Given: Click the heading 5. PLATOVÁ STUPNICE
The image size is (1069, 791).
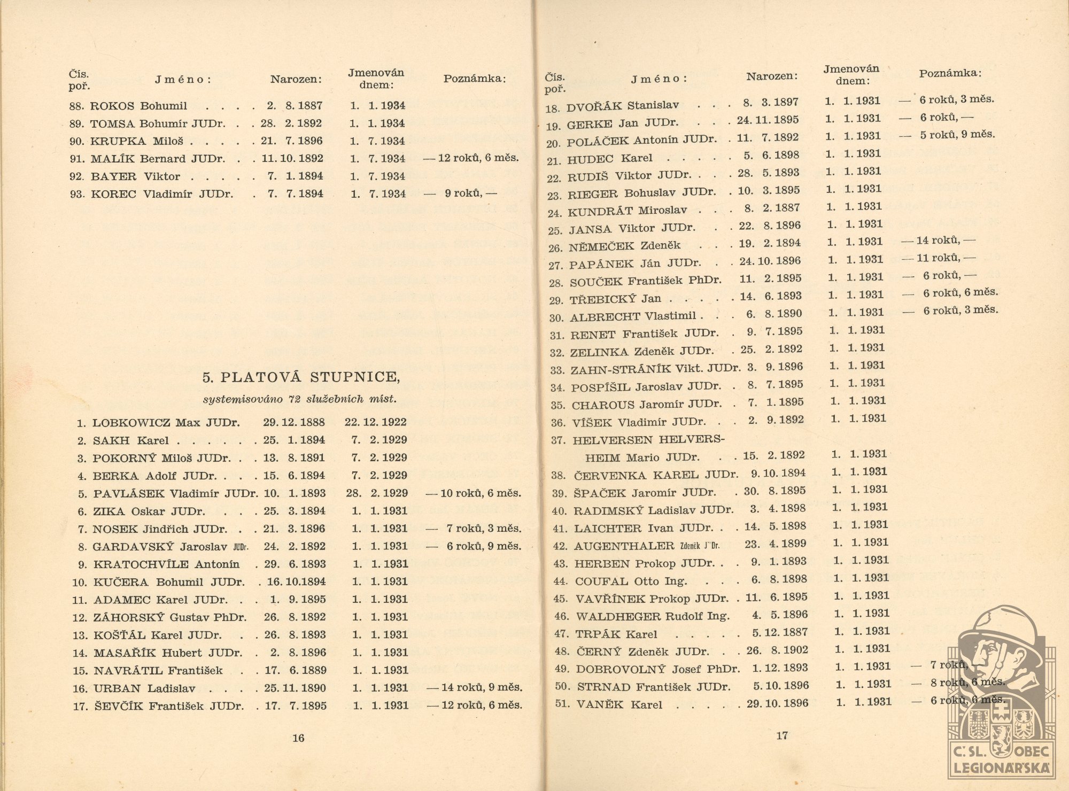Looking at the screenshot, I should [x=300, y=377].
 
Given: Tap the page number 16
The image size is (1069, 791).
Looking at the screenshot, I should [x=298, y=738].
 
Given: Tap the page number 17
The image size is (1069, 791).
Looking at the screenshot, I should [x=781, y=736].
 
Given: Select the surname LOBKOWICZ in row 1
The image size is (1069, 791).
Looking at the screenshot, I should [x=131, y=423].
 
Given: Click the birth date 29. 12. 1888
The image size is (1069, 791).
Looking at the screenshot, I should [x=293, y=422].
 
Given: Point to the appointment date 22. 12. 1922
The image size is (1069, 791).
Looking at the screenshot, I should [x=375, y=422].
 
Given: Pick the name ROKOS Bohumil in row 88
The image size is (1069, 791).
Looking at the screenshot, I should [x=138, y=106].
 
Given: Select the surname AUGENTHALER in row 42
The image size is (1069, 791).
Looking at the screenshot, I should [x=624, y=546].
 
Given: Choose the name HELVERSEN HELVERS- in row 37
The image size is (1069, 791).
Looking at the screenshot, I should [x=648, y=440].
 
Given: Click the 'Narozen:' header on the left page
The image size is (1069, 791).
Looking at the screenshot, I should [x=296, y=80].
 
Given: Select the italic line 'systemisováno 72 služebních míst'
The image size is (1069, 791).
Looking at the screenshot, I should [x=299, y=399].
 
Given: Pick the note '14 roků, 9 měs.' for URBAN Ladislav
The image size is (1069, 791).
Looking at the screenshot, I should [x=479, y=688].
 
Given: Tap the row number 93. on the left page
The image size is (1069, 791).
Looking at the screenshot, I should [x=77, y=195].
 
